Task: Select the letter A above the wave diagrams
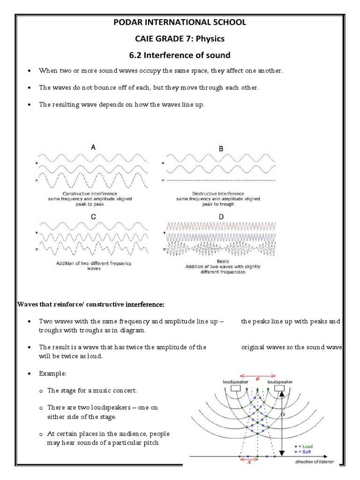click(93, 147)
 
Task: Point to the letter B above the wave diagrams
click(221, 149)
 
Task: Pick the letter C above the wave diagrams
click(93, 217)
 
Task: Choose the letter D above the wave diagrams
click(220, 217)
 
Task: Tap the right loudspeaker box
click(280, 389)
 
